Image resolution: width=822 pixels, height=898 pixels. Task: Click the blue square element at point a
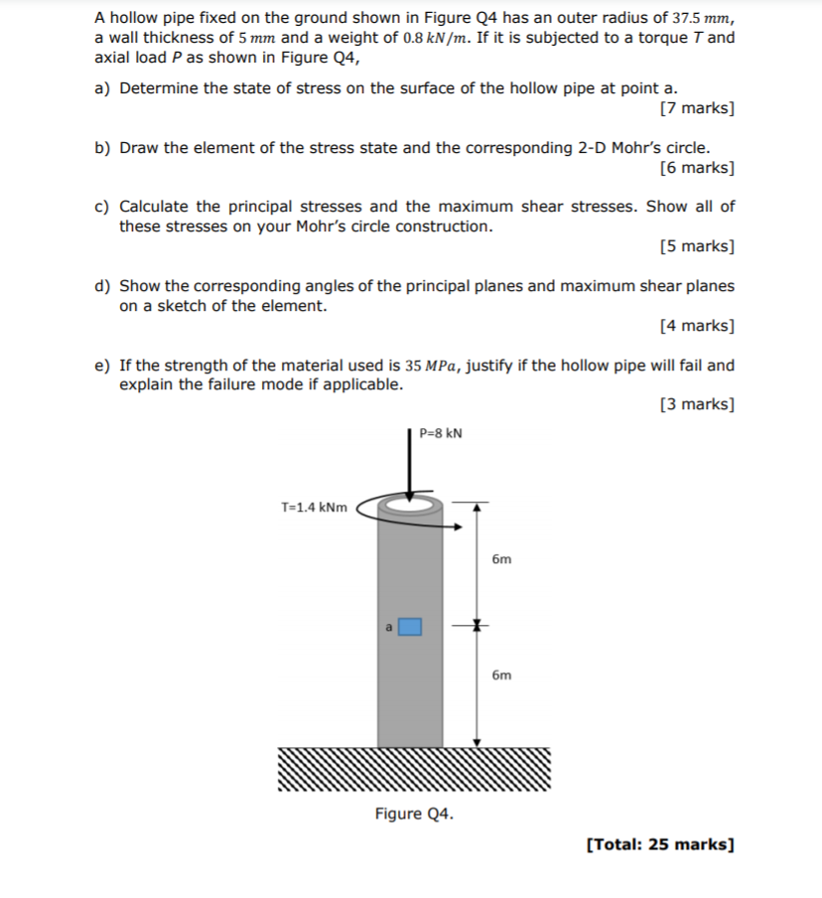(410, 627)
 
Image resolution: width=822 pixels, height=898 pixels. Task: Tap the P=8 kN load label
(441, 433)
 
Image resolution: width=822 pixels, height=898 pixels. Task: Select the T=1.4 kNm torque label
(315, 508)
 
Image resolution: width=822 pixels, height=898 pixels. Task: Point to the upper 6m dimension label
(501, 559)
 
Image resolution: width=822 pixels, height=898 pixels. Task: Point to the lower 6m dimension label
(501, 675)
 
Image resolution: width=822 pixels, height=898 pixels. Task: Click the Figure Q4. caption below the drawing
(414, 815)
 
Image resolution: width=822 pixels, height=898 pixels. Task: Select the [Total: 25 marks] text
(660, 845)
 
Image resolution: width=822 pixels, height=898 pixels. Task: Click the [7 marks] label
(697, 108)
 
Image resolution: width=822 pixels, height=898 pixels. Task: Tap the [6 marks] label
(697, 167)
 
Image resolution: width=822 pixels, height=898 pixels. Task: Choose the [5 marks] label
(697, 245)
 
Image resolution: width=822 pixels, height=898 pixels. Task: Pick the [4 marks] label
(697, 325)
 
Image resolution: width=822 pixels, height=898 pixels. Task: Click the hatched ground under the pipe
(412, 770)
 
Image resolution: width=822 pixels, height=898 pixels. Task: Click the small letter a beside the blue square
(389, 627)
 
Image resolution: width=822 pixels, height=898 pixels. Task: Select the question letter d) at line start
(101, 286)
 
